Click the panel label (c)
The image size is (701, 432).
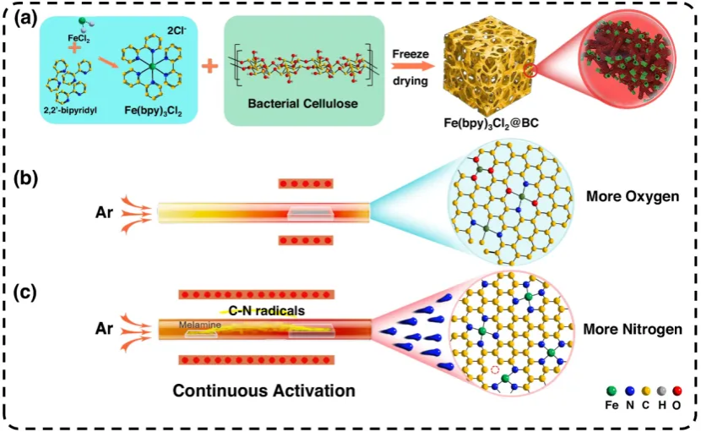pyautogui.click(x=24, y=293)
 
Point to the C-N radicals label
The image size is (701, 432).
pyautogui.click(x=266, y=310)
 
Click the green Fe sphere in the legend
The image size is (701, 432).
pyautogui.click(x=612, y=391)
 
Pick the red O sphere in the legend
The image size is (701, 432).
pyautogui.click(x=678, y=391)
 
